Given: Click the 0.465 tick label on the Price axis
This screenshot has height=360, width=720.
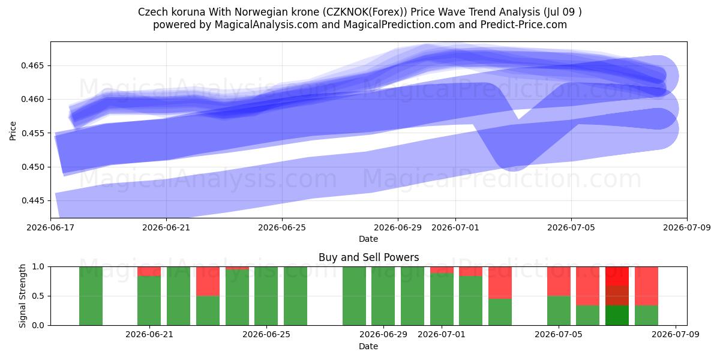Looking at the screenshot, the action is tap(32, 66).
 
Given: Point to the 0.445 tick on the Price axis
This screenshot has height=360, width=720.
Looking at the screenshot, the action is tap(32, 201).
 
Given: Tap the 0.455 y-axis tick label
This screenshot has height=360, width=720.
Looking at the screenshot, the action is tap(32, 133).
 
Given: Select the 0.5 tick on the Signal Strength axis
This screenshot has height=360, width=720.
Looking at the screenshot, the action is tap(38, 296).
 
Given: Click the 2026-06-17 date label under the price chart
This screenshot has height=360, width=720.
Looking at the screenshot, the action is tap(50, 227).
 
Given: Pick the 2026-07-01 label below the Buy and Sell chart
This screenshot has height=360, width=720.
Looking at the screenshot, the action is tap(442, 334).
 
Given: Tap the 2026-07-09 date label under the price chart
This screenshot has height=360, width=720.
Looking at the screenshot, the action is tap(687, 227).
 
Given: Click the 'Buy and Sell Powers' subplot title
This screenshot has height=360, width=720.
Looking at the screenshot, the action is tap(368, 257).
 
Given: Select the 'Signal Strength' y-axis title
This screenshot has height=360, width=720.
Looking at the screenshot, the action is tap(22, 296).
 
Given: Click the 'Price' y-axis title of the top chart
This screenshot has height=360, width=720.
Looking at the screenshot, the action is tap(13, 131).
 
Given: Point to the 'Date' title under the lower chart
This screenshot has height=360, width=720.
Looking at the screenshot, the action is tap(368, 346).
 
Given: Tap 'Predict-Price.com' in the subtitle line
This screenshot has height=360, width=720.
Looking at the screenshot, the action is tap(524, 25).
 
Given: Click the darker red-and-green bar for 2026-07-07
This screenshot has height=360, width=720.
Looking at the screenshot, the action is tap(617, 296).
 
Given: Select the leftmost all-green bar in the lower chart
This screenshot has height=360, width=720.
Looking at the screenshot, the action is tap(91, 296).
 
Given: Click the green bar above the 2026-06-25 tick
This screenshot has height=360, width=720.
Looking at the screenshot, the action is tap(266, 296).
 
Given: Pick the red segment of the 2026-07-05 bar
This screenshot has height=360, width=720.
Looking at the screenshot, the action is tap(559, 281).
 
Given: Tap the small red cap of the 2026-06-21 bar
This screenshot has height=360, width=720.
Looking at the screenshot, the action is tap(149, 271).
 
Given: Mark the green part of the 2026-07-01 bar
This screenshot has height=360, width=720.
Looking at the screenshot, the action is tap(442, 299).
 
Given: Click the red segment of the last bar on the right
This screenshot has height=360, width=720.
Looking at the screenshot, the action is tap(646, 286).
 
